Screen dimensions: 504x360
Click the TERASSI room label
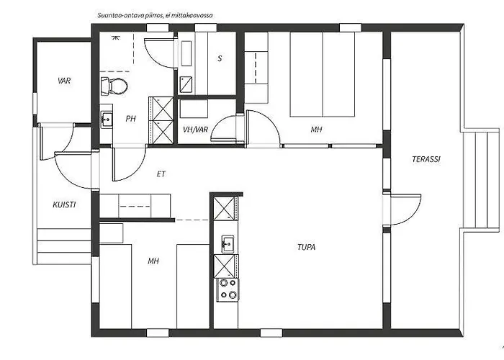[426, 159]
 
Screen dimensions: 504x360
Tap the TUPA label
[306, 247]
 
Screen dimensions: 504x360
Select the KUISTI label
[64, 204]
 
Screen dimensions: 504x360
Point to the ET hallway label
[161, 174]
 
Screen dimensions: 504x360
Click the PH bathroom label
[130, 119]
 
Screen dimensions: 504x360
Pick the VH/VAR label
[195, 130]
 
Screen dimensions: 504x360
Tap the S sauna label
[220, 58]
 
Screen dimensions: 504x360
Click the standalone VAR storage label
[64, 81]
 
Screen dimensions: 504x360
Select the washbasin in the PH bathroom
[107, 120]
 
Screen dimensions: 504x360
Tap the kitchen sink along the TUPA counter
[228, 244]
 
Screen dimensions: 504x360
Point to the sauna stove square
[186, 84]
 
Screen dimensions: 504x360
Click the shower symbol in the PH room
[114, 37]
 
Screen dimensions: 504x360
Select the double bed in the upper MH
[323, 74]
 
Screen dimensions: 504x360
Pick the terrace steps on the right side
[481, 179]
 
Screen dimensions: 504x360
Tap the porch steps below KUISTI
[63, 246]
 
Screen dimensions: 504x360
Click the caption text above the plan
[156, 15]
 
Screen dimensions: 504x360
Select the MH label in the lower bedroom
[153, 261]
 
